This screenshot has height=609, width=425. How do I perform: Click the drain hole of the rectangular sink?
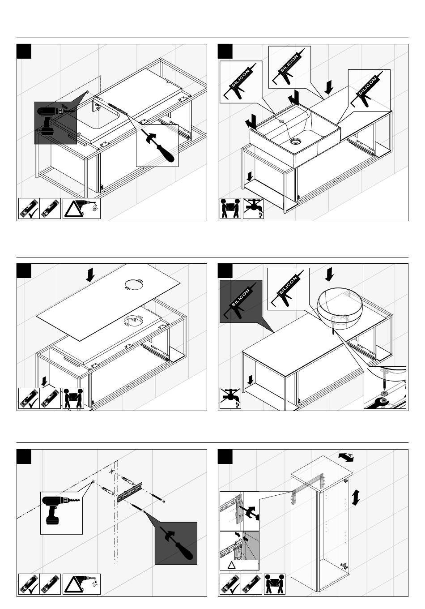(x=295, y=141)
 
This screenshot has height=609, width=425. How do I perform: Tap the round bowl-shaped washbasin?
(x=340, y=308)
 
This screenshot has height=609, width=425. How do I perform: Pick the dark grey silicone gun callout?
(x=241, y=301)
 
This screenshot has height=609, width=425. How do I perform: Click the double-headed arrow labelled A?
(x=346, y=457)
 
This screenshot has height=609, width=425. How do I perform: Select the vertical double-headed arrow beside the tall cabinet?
(x=356, y=497)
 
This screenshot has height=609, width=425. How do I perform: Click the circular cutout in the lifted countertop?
(x=134, y=284)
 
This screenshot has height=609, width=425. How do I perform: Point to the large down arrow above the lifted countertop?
(x=90, y=274)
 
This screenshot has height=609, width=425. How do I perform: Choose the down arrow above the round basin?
(x=329, y=274)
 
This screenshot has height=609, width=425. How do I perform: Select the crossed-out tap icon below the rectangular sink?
(x=253, y=208)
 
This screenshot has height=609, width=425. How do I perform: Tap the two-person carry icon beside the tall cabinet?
(x=275, y=584)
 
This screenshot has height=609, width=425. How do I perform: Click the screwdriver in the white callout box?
(x=157, y=146)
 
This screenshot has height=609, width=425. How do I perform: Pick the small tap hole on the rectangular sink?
(x=281, y=121)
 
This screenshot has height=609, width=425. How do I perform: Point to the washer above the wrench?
(x=384, y=394)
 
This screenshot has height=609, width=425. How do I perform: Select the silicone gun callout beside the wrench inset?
(x=288, y=289)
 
